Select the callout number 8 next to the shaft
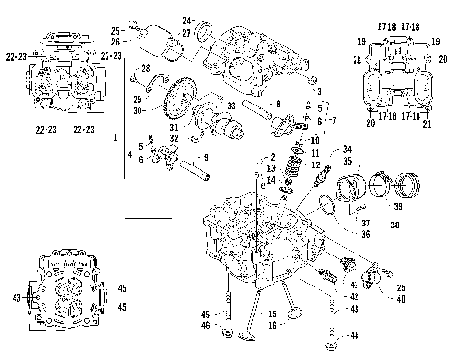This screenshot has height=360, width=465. (278, 103)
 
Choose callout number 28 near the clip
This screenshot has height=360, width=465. (146, 68)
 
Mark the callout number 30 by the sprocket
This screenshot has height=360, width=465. (139, 110)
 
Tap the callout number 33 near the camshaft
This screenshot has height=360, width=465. (232, 105)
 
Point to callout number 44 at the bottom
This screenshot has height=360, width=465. (355, 335)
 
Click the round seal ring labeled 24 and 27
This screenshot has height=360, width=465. (206, 37)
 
